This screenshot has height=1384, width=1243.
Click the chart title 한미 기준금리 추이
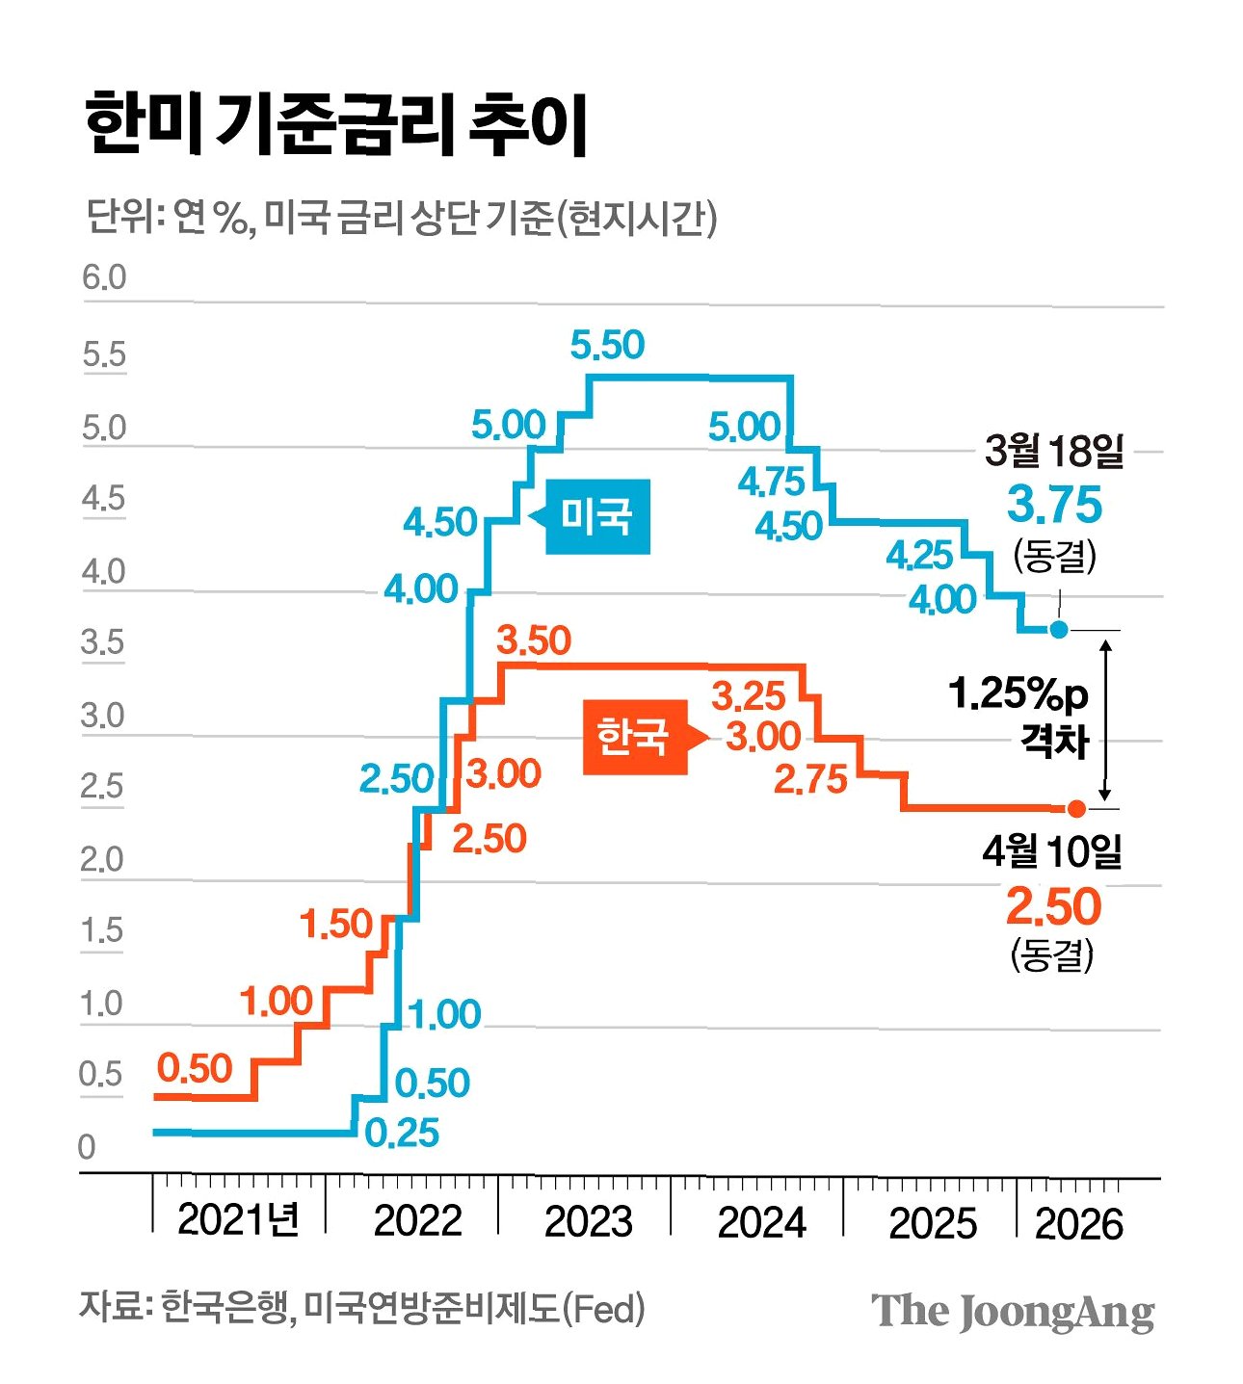[336, 124]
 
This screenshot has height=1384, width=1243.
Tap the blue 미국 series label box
[596, 516]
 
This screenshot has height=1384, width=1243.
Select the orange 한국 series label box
[632, 737]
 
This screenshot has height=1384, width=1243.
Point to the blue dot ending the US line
[1058, 630]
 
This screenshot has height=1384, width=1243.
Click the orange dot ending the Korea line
[1076, 809]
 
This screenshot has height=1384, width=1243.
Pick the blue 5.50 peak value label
[607, 345]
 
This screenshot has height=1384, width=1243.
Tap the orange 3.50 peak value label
[534, 640]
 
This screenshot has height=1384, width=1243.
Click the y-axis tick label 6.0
[104, 277]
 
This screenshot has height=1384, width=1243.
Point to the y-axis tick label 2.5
[102, 786]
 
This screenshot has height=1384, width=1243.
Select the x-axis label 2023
[589, 1222]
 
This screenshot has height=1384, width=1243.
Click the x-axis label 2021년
[238, 1220]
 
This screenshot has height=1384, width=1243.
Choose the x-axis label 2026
[1079, 1224]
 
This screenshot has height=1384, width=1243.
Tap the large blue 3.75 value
[1054, 505]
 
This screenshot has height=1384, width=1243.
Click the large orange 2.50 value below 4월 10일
[1053, 906]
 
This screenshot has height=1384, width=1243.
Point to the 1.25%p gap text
[1018, 693]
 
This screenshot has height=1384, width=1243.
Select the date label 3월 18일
[1054, 450]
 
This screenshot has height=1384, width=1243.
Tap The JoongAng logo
[1013, 1311]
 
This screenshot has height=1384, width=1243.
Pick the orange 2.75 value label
[810, 779]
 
